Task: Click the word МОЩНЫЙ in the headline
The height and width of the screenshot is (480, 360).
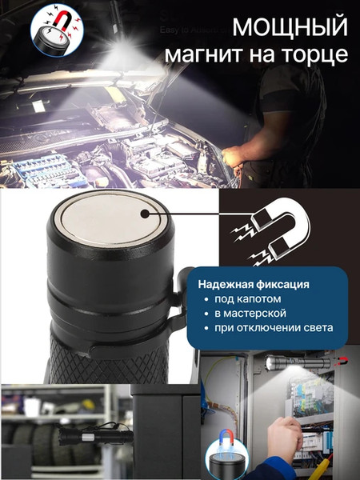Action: coord(290,28)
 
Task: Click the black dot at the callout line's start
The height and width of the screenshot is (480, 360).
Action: coord(146,214)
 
